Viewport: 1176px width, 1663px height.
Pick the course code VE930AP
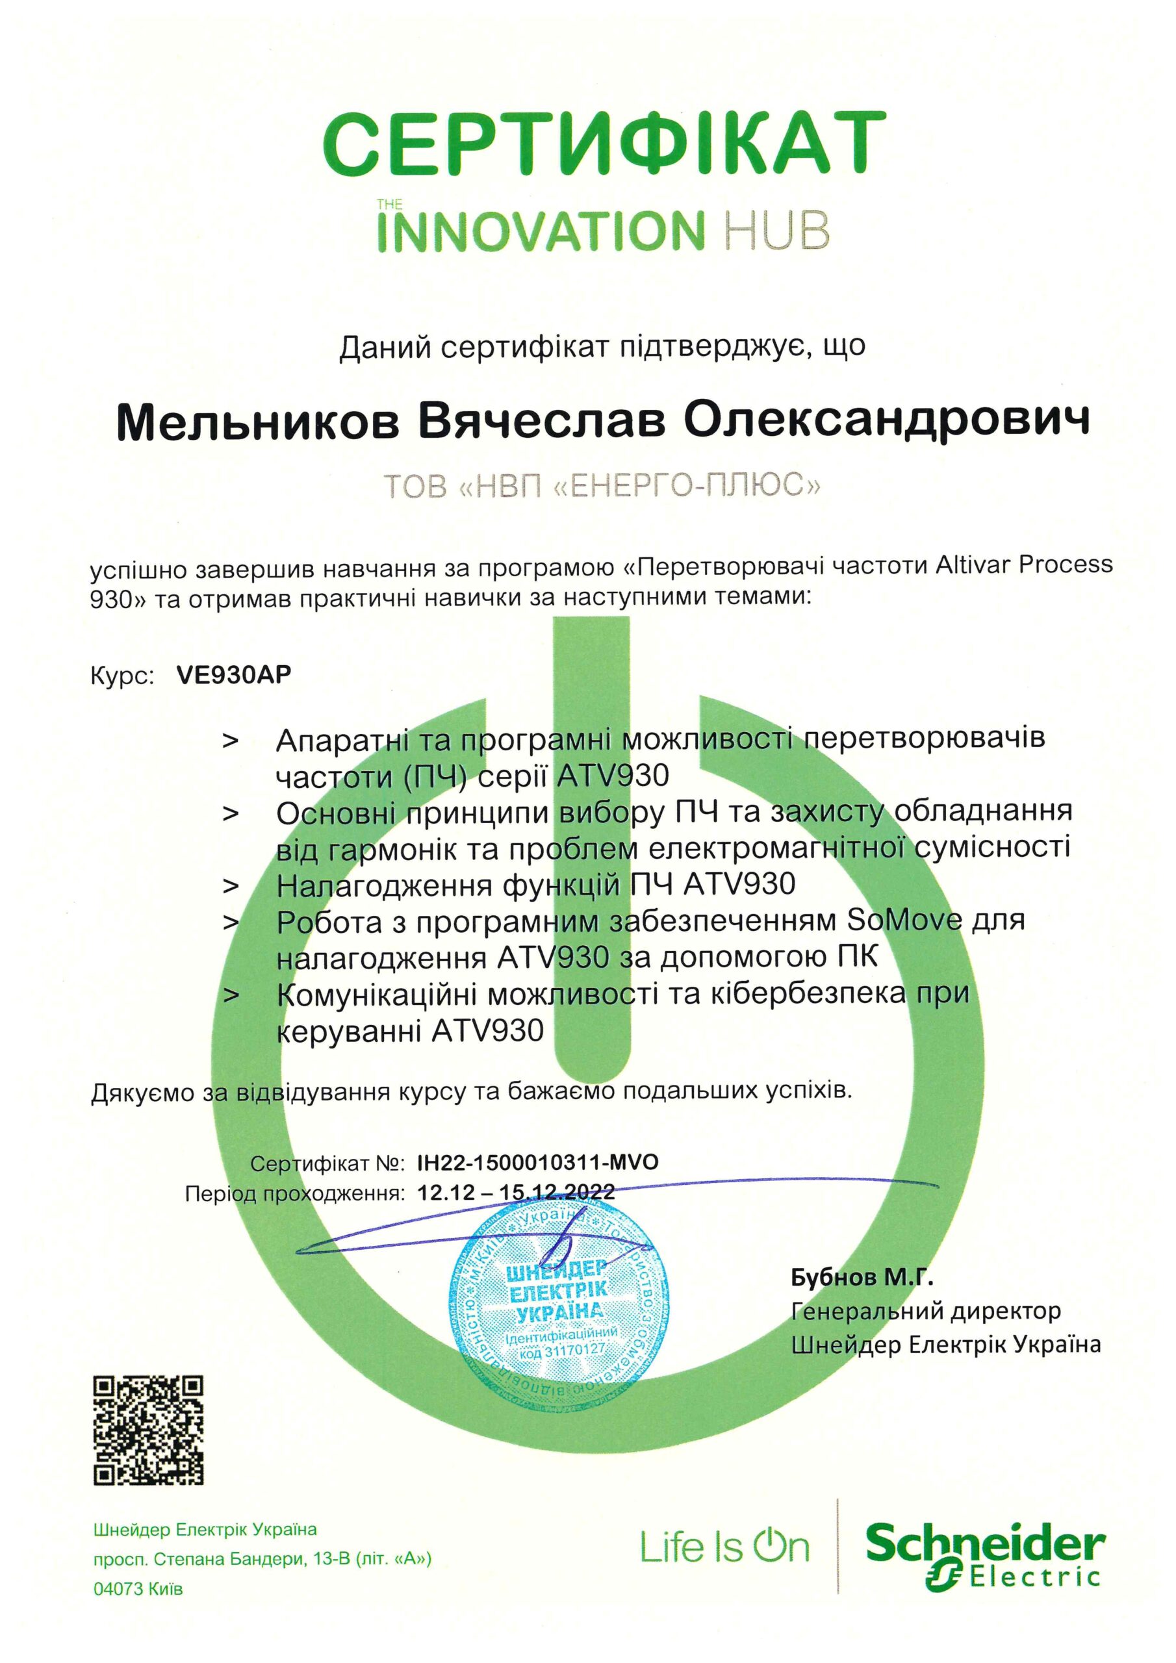(233, 675)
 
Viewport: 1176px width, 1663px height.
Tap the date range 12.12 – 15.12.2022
(516, 1191)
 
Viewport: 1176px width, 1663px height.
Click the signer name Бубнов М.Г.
(862, 1277)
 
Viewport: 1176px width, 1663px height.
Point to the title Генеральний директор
(925, 1310)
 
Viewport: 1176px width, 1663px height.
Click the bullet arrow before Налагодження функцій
(231, 885)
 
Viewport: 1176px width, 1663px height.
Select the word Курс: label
(121, 676)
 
